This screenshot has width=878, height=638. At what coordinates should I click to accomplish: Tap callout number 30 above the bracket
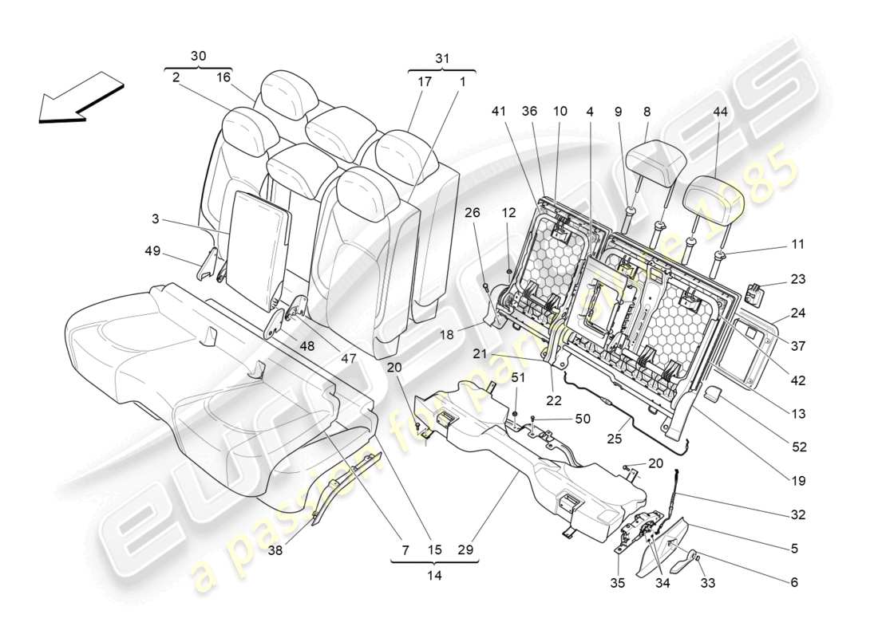pos(198,56)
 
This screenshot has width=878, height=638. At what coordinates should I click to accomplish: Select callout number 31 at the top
pos(441,58)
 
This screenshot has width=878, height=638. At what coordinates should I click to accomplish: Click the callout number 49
pos(152,252)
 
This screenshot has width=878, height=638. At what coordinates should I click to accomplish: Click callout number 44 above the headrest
pos(721,113)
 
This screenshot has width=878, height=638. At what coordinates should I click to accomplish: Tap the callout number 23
pos(798,279)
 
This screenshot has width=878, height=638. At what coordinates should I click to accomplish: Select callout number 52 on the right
pos(798,447)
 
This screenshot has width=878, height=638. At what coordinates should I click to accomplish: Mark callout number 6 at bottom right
pos(794,583)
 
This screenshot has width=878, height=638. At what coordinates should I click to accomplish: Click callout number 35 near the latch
pos(618,583)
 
